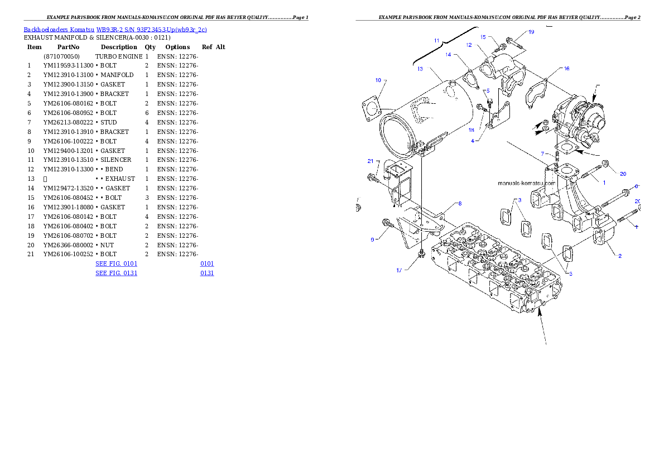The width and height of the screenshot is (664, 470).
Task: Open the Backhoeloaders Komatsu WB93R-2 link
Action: tap(115, 30)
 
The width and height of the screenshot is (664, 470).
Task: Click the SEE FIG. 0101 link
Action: tap(116, 263)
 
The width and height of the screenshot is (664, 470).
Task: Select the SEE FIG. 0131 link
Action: tap(116, 273)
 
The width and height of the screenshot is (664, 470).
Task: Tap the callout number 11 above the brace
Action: tap(437, 41)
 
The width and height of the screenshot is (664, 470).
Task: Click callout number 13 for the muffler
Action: tap(420, 69)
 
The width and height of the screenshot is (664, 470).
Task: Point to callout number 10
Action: tap(378, 80)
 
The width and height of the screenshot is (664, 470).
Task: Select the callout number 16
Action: tap(566, 69)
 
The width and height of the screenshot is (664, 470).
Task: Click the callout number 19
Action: tap(531, 32)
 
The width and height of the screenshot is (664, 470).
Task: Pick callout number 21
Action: tap(370, 161)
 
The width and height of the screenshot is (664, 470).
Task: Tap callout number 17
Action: tap(399, 271)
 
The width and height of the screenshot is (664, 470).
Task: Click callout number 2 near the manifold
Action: tap(619, 256)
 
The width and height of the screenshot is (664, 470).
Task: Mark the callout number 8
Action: tap(460, 203)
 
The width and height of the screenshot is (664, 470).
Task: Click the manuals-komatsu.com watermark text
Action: tap(526, 183)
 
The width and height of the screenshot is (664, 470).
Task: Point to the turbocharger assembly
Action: tap(580, 118)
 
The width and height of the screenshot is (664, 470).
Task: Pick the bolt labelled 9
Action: tap(386, 224)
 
